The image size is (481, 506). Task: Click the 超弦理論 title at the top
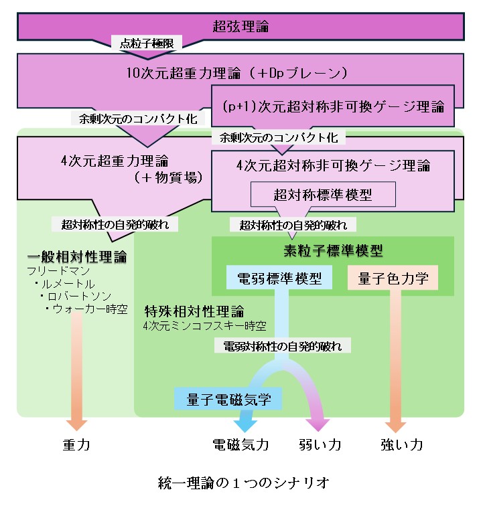tap(240, 27)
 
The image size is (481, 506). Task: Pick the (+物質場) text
tap(164, 178)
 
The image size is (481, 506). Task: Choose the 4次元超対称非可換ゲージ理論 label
tap(333, 165)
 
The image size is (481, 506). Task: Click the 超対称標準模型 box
tap(323, 194)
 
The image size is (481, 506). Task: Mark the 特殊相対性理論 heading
tap(194, 312)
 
